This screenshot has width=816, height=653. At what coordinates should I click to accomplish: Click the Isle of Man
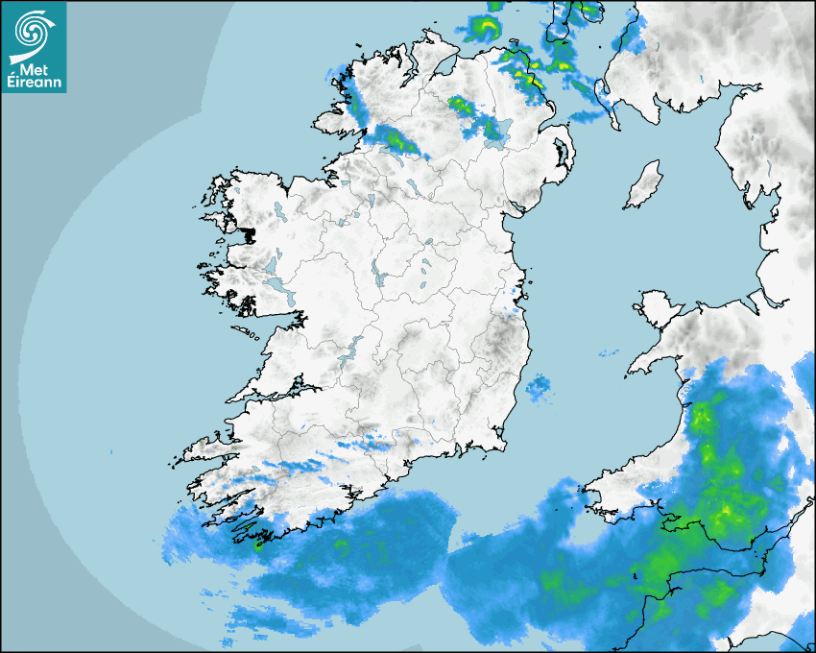pyautogui.click(x=643, y=185)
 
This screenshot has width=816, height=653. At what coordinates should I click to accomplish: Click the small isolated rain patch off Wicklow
pyautogui.click(x=538, y=388)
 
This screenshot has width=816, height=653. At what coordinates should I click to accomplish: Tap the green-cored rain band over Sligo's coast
pyautogui.click(x=396, y=140)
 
